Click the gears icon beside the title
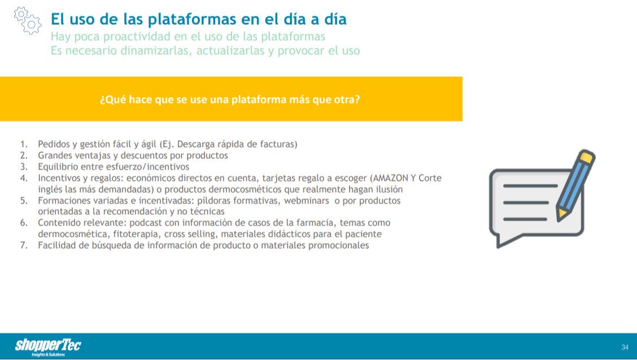28,20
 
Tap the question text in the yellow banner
230,99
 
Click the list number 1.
24,144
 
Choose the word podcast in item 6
145,223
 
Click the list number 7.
24,245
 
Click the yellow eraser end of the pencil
587,157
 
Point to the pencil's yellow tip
561,214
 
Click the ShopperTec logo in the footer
48,347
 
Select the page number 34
625,347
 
